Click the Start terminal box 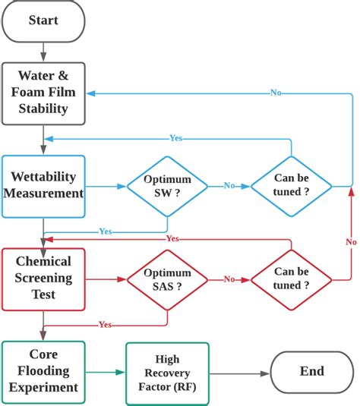43,20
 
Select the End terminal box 311,371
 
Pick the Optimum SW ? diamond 167,185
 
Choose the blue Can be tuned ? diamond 291,185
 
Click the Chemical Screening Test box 43,279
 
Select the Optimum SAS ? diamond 167,279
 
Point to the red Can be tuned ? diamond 291,279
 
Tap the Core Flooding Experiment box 43,371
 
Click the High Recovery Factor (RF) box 167,371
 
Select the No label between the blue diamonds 229,185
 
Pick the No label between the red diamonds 229,279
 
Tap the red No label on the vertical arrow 350,241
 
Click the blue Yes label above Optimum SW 175,138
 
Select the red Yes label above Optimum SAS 172,238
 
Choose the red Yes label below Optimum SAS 106,325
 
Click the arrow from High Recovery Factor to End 239,372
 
